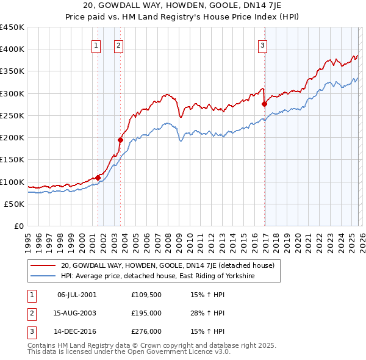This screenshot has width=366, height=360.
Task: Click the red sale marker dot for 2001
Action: (x=98, y=178)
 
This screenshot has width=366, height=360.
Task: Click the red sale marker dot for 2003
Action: (x=120, y=140)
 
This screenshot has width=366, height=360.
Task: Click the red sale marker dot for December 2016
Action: (x=264, y=104)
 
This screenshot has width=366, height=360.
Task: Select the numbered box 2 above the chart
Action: (x=118, y=45)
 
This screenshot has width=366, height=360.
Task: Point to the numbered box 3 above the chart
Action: (x=262, y=45)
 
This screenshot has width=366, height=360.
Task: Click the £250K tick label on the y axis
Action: (x=12, y=115)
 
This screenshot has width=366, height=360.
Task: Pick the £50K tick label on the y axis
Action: (x=15, y=204)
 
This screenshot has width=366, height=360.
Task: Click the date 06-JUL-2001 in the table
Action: (x=76, y=295)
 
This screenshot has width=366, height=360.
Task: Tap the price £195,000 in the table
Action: (x=146, y=313)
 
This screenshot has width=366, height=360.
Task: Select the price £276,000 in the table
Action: (x=146, y=331)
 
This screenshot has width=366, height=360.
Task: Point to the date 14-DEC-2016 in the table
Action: (x=76, y=331)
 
